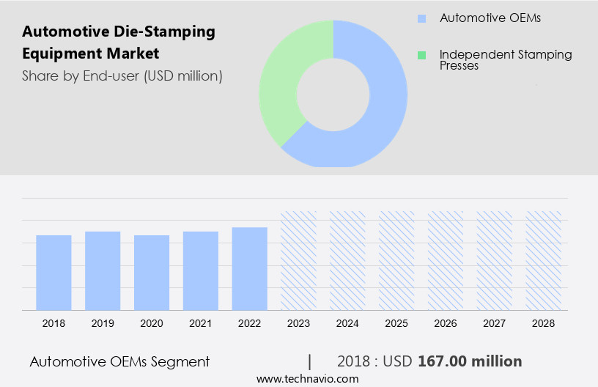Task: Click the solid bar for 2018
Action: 53,272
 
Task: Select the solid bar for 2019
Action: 103,270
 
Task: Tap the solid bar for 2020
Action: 152,272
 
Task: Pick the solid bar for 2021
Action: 201,270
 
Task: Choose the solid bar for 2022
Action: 250,268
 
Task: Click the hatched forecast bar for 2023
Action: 299,260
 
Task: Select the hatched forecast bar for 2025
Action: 397,260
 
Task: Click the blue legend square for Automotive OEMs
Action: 421,18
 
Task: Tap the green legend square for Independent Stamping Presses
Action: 421,55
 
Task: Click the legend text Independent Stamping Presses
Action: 505,60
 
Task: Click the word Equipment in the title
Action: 56,54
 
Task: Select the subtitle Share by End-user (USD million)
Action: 122,75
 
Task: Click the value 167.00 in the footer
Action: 442,361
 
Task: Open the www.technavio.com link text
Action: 307,378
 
